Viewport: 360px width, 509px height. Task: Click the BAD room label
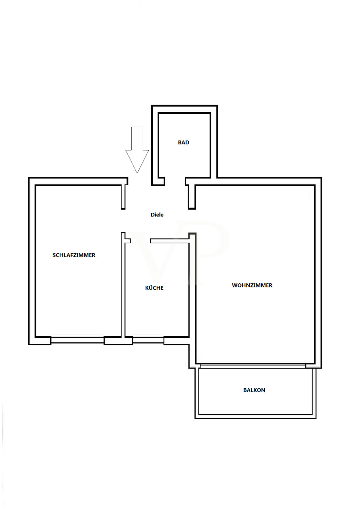(184, 143)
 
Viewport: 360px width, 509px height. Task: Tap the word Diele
(157, 215)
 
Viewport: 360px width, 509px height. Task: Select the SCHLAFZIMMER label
(74, 255)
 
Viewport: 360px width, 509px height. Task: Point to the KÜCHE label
(154, 288)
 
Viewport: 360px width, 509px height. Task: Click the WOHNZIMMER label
(252, 285)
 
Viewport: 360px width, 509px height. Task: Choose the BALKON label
(254, 390)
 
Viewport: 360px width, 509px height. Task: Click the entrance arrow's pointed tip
(137, 173)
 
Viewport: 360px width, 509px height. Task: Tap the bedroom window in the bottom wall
(77, 340)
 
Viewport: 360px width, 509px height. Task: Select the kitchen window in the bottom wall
(148, 340)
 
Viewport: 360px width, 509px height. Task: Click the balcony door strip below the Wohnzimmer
(253, 366)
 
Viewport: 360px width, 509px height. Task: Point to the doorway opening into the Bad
(175, 182)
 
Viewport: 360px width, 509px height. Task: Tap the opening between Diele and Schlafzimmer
(123, 221)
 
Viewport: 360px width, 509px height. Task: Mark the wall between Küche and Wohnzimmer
(192, 288)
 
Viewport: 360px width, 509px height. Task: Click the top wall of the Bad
(185, 109)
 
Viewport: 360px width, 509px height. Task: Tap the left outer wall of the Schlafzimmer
(32, 261)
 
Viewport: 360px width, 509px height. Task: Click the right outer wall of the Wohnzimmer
(318, 273)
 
